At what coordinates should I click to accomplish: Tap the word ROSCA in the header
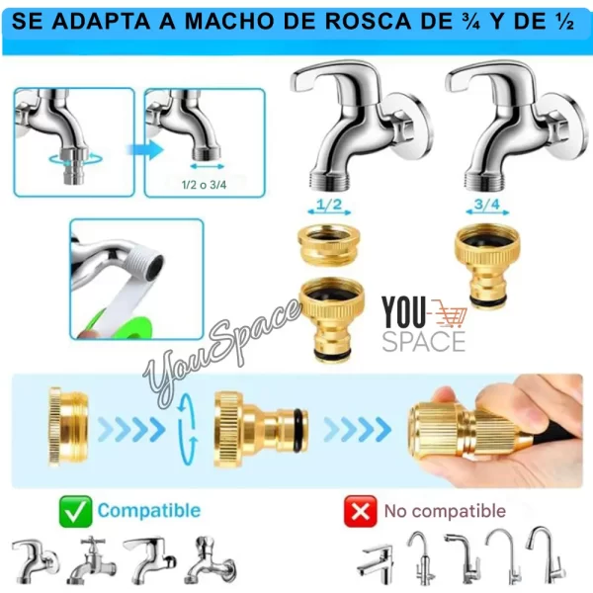[x=369, y=21]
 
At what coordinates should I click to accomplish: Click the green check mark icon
[x=76, y=511]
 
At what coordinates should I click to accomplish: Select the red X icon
[x=361, y=511]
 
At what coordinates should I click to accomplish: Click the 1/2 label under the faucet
[x=329, y=205]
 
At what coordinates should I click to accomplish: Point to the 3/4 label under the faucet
[x=487, y=205]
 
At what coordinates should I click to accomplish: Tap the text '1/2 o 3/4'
[x=205, y=185]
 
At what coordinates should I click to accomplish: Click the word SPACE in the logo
[x=424, y=342]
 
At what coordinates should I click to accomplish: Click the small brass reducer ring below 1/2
[x=329, y=243]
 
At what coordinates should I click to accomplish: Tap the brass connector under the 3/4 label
[x=487, y=264]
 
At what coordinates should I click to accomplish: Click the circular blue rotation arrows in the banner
[x=188, y=429]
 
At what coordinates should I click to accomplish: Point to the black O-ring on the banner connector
[x=298, y=430]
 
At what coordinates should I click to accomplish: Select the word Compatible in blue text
[x=149, y=511]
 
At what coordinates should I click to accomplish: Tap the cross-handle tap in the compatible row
[x=92, y=559]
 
